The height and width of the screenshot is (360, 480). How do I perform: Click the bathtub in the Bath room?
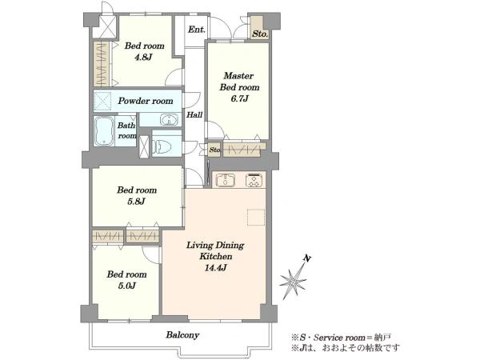click(104, 131)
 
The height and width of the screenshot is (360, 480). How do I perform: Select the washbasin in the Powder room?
click(169, 120)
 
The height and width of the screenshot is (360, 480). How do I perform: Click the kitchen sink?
click(226, 180)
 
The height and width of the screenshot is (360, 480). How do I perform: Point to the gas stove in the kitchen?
click(254, 180)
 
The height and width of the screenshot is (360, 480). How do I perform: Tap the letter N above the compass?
click(307, 259)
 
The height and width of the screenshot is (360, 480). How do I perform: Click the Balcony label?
click(182, 335)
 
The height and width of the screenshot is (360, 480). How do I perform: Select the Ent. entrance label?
click(196, 30)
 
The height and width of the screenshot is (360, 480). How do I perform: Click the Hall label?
click(194, 114)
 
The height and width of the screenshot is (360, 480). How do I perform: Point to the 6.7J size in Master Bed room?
click(239, 98)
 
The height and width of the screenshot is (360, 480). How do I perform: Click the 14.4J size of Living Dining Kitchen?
click(215, 268)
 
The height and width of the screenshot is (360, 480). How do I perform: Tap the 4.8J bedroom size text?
click(143, 58)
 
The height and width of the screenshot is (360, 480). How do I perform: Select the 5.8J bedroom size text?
click(136, 202)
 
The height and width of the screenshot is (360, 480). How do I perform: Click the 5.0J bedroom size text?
click(126, 286)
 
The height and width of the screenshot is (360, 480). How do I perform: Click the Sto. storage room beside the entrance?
click(260, 29)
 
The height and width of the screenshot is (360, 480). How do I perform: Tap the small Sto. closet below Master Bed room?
click(214, 150)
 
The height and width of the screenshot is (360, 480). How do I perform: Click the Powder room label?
click(146, 101)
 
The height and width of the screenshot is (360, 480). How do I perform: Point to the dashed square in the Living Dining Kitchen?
click(256, 217)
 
